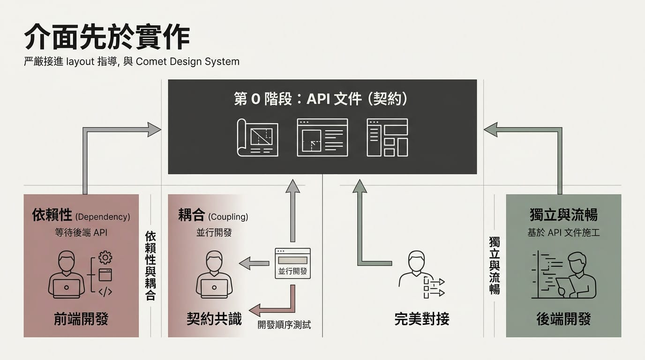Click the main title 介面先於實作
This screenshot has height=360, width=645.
point(107,37)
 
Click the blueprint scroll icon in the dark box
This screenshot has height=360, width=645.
point(257,137)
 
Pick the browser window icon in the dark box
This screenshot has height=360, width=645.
point(322,137)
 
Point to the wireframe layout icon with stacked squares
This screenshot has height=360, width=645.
point(387,137)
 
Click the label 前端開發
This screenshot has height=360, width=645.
point(81,319)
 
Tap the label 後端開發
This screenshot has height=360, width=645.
point(563,319)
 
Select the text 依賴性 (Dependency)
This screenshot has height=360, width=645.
point(81,216)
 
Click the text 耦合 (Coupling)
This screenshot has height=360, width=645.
point(213,216)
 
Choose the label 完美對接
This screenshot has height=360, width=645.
point(422,319)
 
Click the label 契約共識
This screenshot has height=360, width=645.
point(214,319)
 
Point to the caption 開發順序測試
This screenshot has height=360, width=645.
point(284,324)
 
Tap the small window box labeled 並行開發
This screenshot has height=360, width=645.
point(292,263)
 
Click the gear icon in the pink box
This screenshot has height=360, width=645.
point(105,257)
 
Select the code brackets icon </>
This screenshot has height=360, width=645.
point(105,292)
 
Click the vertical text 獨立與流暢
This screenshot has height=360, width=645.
point(495,265)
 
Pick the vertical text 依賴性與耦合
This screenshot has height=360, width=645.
point(150,265)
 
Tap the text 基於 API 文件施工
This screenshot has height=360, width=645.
point(563,232)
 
